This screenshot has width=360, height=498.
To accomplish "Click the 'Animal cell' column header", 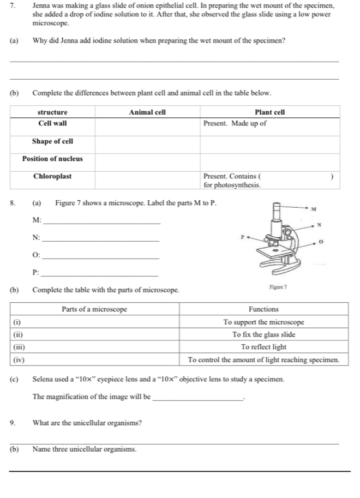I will pos(147,112).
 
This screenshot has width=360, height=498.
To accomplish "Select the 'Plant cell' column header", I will pos(270,112).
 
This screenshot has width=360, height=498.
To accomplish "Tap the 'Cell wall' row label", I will pos(53,123).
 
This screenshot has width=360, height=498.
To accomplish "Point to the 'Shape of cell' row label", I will pos(53,141).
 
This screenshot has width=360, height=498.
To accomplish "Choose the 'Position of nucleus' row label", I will pos(53,159).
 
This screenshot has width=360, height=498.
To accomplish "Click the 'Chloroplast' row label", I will pos(53,176).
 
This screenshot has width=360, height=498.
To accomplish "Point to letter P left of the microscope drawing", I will pos(238,238).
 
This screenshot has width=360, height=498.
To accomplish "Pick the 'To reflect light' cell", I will pos(263,347).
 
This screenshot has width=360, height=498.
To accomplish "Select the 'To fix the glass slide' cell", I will pos(263,334).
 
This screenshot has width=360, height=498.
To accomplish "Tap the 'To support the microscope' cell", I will pos(263,322).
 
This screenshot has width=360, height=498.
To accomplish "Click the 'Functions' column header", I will pos(263,309).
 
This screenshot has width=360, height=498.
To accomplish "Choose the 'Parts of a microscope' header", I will pos(94,309).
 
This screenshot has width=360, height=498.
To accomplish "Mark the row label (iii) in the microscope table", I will pos(17,347).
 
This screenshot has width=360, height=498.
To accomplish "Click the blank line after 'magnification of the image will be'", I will pos(197,399).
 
